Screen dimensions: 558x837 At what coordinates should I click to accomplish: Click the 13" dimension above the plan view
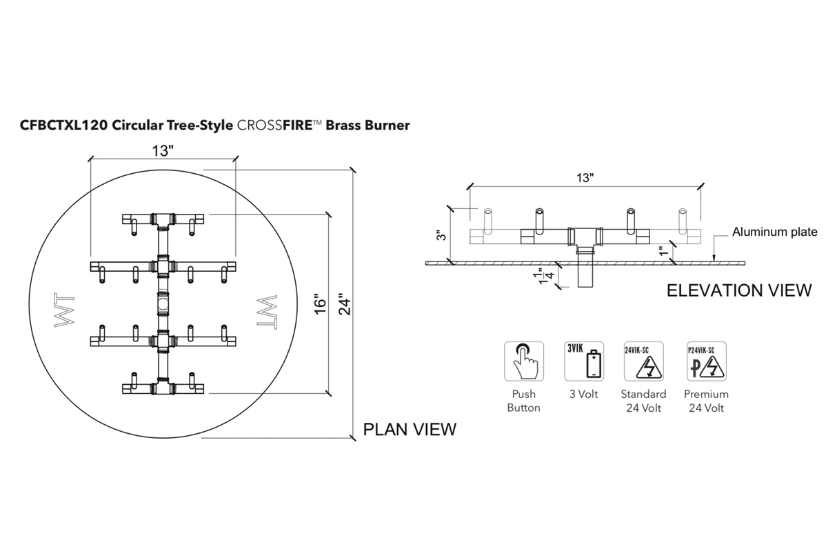click(162, 148)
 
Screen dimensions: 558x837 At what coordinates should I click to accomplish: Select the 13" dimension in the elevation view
click(585, 177)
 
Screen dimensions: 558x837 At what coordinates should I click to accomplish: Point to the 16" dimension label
click(319, 304)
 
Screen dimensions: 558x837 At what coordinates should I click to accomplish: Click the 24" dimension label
click(345, 304)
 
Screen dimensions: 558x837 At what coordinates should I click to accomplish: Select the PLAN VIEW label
click(410, 429)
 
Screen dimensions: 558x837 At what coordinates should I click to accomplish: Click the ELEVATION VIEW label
click(739, 290)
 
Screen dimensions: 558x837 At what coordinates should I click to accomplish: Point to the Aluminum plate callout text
click(775, 232)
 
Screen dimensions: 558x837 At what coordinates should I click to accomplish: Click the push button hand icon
click(523, 361)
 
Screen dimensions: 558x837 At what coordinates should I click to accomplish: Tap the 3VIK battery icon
click(584, 361)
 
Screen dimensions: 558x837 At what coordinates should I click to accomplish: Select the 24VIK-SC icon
click(643, 361)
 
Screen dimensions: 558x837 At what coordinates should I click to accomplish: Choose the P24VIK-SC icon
click(706, 361)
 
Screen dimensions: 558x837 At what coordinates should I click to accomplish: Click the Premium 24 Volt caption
click(706, 401)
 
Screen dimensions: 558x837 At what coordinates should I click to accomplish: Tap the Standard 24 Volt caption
click(643, 401)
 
